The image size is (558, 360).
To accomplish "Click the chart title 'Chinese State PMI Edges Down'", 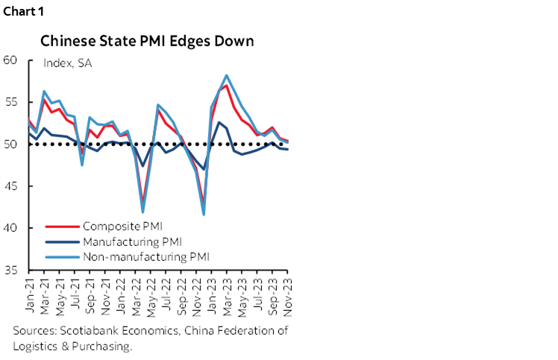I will [x=146, y=40].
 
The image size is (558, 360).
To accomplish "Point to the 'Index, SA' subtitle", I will [x=68, y=64].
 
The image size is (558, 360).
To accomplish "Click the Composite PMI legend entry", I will [x=123, y=226].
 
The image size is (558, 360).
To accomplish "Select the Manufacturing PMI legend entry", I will [x=133, y=241].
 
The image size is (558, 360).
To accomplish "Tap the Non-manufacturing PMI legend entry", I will [x=146, y=256].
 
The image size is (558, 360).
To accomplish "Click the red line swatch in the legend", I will [x=61, y=226].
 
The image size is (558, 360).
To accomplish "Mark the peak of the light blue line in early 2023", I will [x=226, y=75].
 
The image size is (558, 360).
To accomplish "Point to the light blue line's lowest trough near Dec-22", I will [x=204, y=215].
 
